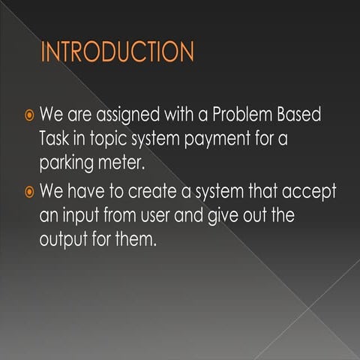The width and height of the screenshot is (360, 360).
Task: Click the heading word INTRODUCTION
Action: [x=118, y=53]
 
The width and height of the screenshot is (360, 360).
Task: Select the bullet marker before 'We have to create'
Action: [x=28, y=192]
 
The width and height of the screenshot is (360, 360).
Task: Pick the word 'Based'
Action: [x=303, y=117]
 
